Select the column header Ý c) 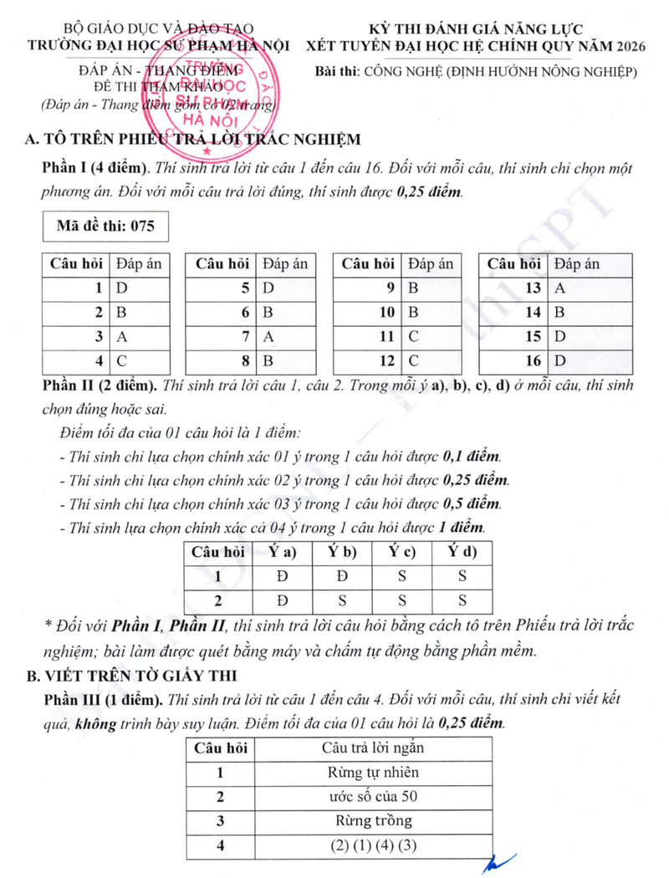402,552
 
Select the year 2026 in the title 628,46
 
